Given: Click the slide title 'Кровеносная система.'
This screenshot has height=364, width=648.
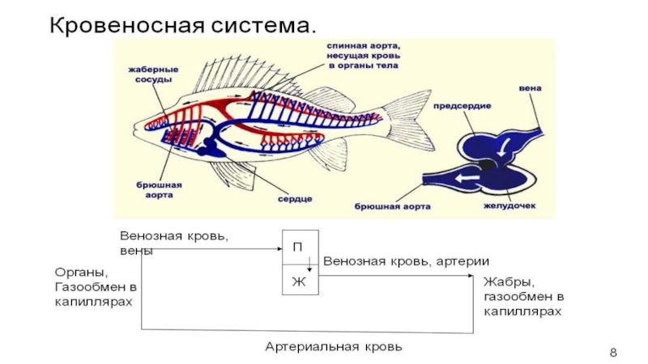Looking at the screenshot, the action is click(x=182, y=23).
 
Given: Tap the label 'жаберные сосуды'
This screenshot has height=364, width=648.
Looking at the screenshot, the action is click(x=151, y=74).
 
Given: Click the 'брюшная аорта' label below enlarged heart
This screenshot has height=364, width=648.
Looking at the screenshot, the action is click(x=392, y=207).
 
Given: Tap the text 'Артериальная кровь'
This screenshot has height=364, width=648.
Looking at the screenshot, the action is click(x=334, y=346).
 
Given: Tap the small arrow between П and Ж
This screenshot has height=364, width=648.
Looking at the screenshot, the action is click(x=309, y=264).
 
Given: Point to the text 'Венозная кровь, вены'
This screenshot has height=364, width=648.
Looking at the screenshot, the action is click(x=174, y=243).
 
